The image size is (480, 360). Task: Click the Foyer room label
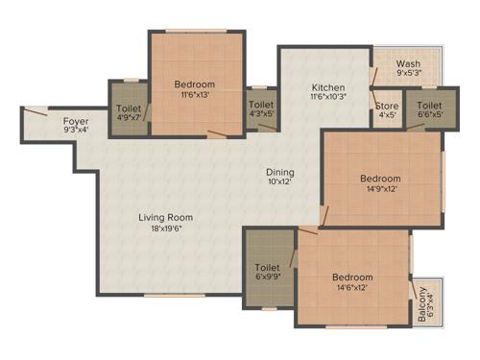tap(76, 120)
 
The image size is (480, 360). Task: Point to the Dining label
tap(280, 173)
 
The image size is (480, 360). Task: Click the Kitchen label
tap(326, 84)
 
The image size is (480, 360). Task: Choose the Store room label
tap(387, 106)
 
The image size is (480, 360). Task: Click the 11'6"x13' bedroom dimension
tap(196, 95)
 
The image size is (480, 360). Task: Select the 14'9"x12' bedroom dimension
tap(380, 189)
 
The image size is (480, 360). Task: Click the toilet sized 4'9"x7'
tap(128, 120)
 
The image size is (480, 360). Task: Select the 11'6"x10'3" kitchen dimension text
tap(326, 96)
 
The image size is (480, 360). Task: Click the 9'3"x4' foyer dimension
tap(76, 131)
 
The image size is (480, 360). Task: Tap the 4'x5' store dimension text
tap(387, 116)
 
